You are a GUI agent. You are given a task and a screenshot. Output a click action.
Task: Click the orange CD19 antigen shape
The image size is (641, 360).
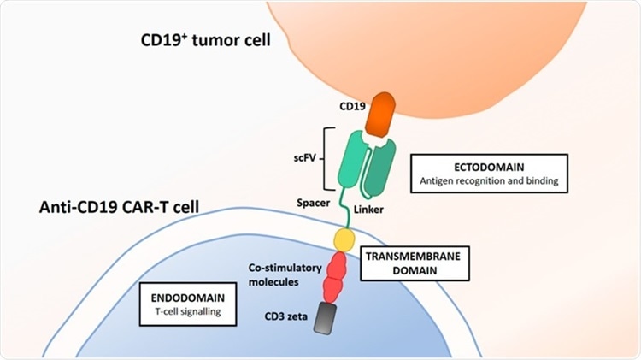(378, 114)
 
